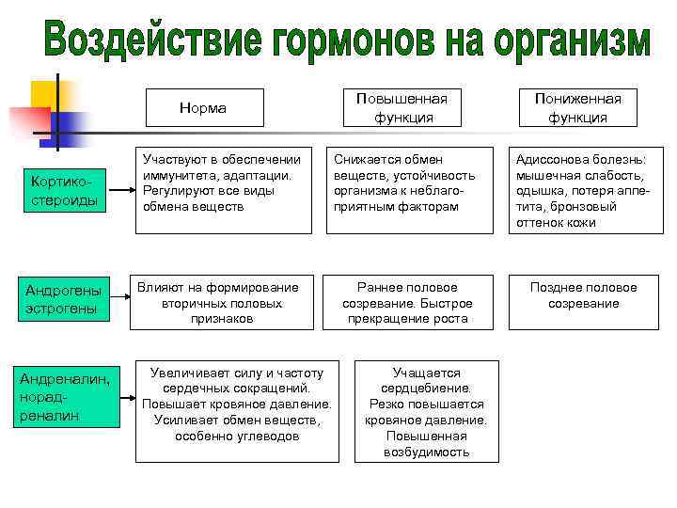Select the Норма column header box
(203, 108)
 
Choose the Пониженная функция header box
(584, 108)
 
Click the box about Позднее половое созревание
(584, 295)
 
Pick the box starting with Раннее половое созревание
(407, 303)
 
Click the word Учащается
(426, 373)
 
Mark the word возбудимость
(426, 452)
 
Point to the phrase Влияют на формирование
(218, 287)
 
